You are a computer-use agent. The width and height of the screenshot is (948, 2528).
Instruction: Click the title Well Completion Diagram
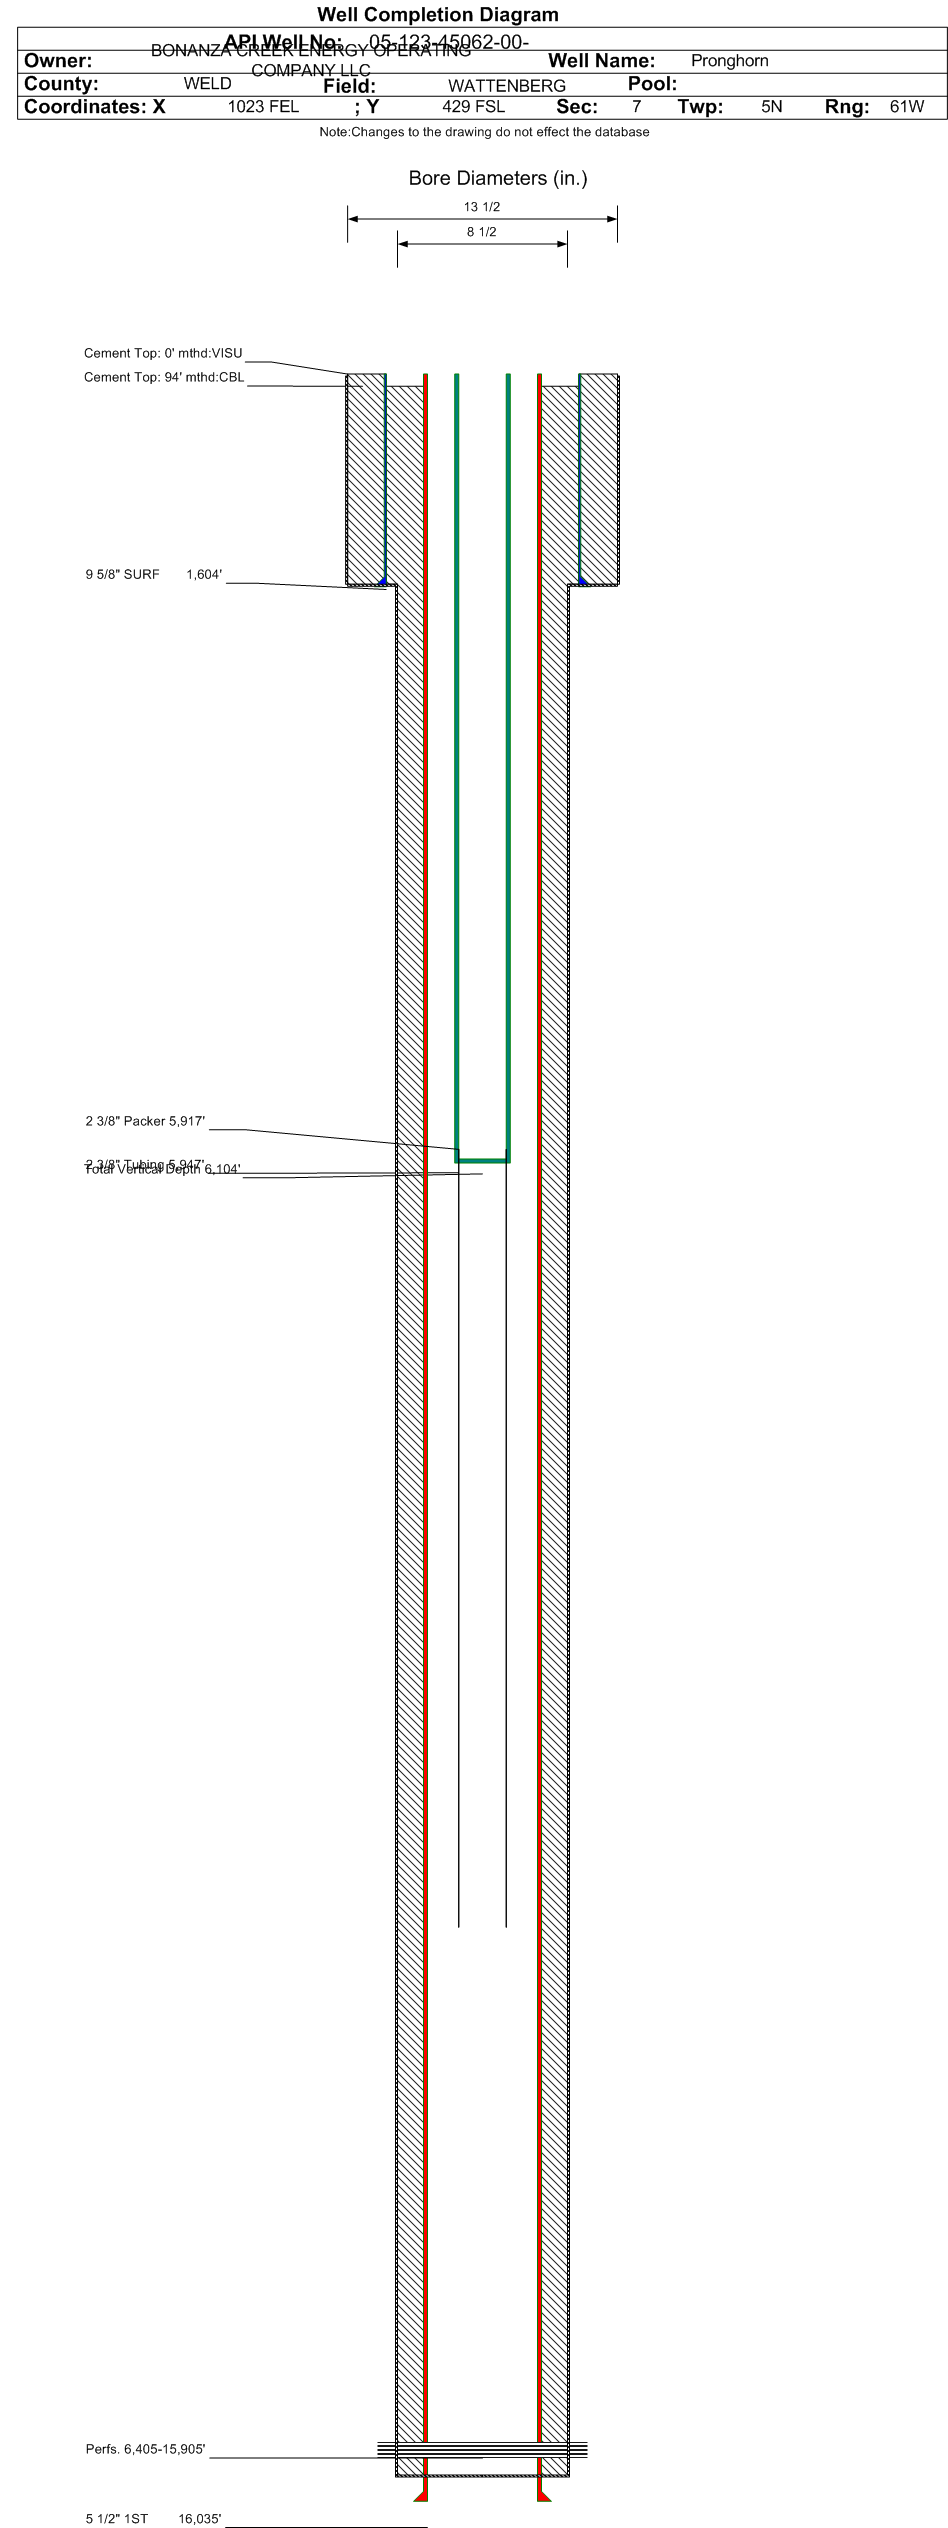pyautogui.click(x=437, y=15)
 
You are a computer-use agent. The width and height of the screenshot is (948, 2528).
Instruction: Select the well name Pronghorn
pyautogui.click(x=729, y=61)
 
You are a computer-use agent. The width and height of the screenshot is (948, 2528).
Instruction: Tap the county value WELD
pyautogui.click(x=207, y=84)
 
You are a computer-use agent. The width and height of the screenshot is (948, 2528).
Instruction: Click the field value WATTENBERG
pyautogui.click(x=506, y=86)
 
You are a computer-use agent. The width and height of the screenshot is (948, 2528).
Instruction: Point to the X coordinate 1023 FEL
pyautogui.click(x=263, y=107)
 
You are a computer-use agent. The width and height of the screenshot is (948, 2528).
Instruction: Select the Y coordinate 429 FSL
pyautogui.click(x=473, y=107)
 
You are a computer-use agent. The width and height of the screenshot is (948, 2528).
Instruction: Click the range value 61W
pyautogui.click(x=906, y=107)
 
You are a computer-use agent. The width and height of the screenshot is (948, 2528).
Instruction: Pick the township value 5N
pyautogui.click(x=771, y=107)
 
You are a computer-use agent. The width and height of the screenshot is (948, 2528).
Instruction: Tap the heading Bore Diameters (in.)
pyautogui.click(x=497, y=178)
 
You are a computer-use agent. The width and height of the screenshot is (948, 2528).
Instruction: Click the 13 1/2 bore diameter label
pyautogui.click(x=481, y=207)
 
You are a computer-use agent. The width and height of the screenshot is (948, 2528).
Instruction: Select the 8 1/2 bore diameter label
pyautogui.click(x=481, y=232)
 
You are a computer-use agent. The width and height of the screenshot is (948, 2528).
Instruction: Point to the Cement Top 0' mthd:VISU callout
pyautogui.click(x=163, y=353)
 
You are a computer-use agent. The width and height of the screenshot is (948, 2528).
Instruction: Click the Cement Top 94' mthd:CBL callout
pyautogui.click(x=164, y=377)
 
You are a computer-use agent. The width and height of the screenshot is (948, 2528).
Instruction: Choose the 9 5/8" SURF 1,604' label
pyautogui.click(x=153, y=574)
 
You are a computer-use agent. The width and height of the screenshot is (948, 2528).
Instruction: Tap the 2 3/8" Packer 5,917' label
pyautogui.click(x=145, y=1121)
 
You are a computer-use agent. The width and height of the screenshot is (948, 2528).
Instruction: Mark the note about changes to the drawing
pyautogui.click(x=484, y=132)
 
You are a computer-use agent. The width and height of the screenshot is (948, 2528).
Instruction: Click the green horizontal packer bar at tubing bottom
pyautogui.click(x=482, y=1160)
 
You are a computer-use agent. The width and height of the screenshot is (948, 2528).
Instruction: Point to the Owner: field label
pyautogui.click(x=58, y=61)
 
